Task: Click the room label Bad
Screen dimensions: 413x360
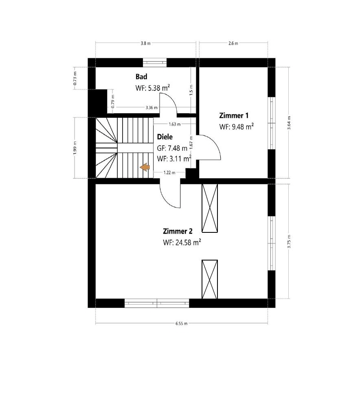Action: [x=141, y=77]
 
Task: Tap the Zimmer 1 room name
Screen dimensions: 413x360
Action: [x=233, y=115]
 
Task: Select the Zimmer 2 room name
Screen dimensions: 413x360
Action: [x=178, y=231]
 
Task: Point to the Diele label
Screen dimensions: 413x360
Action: [x=165, y=137]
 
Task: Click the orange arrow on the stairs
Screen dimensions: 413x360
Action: [x=145, y=167]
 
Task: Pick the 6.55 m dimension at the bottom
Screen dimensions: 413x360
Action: [x=182, y=324]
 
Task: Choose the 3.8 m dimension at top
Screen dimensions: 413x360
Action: [x=145, y=43]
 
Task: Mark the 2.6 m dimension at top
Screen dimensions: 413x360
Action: [x=233, y=43]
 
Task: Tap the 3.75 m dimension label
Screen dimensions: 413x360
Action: [x=289, y=242]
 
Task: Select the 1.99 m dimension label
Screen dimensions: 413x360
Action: [x=75, y=148]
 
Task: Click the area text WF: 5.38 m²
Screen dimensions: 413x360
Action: [x=153, y=88]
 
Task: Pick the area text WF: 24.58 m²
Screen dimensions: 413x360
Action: [x=182, y=243]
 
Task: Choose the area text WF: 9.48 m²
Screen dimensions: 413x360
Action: [x=237, y=127]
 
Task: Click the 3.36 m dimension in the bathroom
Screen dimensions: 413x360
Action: [x=152, y=108]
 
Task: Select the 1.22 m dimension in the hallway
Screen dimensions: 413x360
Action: [x=169, y=172]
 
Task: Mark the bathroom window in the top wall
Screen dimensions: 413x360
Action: [x=155, y=62]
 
